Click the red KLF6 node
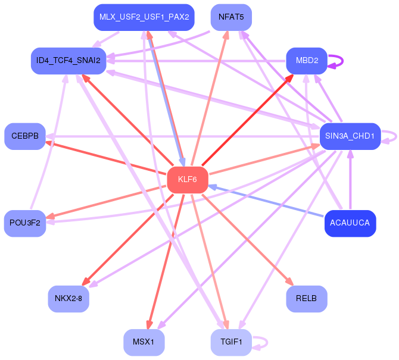188,180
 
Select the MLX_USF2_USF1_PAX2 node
144,17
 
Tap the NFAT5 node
231,17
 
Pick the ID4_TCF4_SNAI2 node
68,61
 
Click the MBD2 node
307,61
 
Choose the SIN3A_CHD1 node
350,136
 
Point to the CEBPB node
25,136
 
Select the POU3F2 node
25,223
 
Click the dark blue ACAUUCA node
350,223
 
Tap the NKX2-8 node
68,299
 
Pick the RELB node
307,299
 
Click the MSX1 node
144,342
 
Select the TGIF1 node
231,342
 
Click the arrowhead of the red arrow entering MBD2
290,78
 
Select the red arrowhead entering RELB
290,281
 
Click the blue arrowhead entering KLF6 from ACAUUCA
213,187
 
